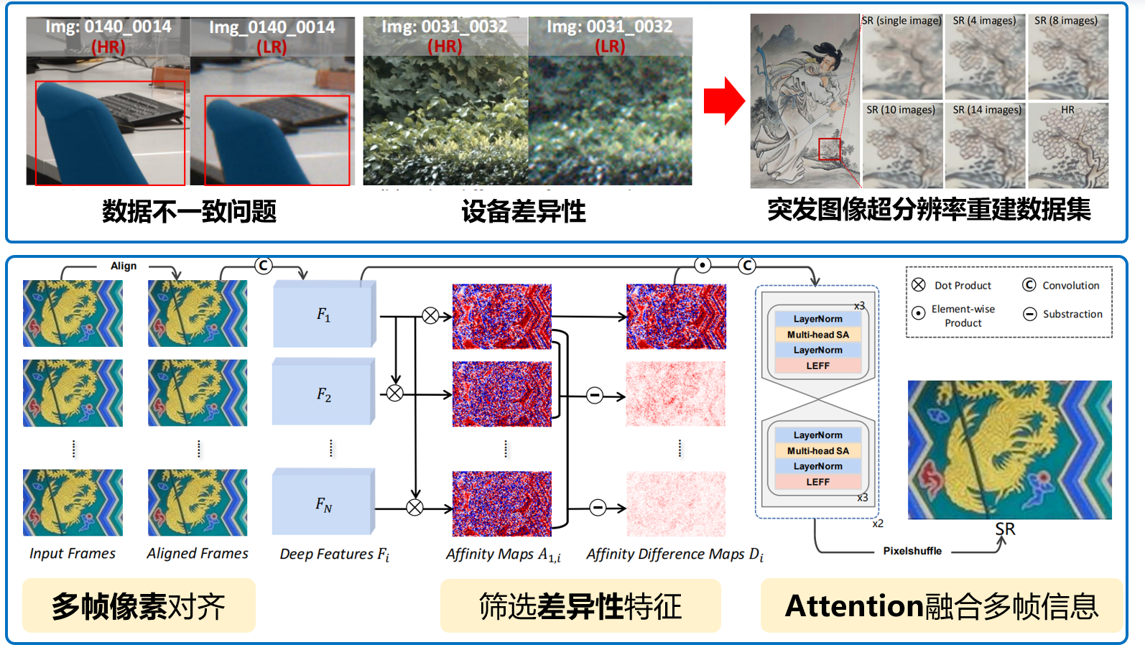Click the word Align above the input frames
pos(124,266)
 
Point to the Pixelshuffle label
pos(912,551)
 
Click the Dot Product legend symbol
pos(919,284)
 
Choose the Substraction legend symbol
pos(1029,314)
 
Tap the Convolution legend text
pos(1071,286)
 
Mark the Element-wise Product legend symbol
pos(919,312)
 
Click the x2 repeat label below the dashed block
pos(878,524)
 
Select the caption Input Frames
pos(73,554)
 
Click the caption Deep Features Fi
pos(335,554)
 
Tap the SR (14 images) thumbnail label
pos(987,110)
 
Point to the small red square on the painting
pos(829,149)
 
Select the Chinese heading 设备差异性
pos(524,211)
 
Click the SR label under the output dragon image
pos(1005,529)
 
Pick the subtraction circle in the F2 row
pos(595,396)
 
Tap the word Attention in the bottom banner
pos(853,606)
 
